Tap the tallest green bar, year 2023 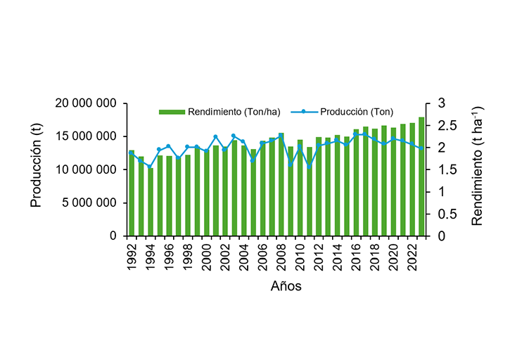(x=421, y=176)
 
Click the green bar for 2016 (x=356, y=183)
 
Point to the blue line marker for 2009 (x=291, y=165)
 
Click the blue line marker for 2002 (x=225, y=149)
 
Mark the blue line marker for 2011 (x=310, y=167)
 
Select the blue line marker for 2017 (x=365, y=134)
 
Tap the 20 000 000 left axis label (x=86, y=103)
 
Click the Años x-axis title (x=287, y=286)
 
